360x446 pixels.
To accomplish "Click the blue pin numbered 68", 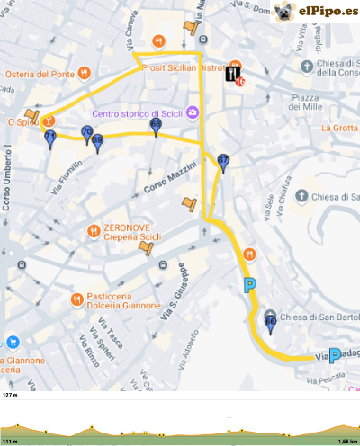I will [x=157, y=127].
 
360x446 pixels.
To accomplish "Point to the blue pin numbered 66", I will [x=271, y=324].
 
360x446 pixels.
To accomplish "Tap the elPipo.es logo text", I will [x=327, y=12].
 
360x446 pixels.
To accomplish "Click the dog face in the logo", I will [x=284, y=12].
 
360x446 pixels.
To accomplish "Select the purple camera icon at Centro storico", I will [x=193, y=114].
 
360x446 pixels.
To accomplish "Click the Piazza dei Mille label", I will [x=307, y=102].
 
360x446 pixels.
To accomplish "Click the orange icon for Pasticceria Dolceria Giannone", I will [x=78, y=299].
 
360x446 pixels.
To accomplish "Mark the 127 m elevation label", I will [x=11, y=395].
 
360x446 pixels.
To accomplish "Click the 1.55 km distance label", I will [x=348, y=442].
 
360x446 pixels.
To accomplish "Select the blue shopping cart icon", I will [x=13, y=342].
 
